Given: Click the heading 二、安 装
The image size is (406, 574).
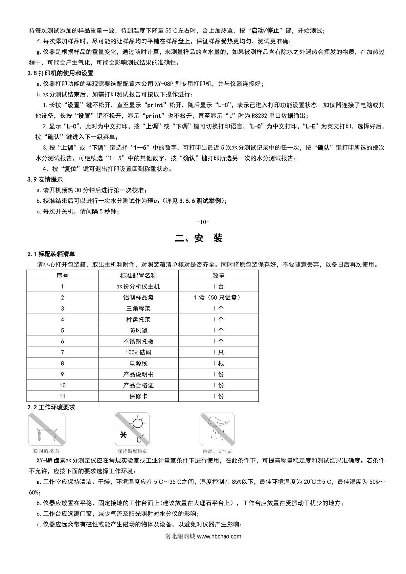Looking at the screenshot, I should tap(199, 238).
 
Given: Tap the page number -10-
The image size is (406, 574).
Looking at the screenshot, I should tap(203, 222).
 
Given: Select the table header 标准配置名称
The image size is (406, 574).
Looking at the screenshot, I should tap(138, 276).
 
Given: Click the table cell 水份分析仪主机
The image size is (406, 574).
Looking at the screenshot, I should tap(138, 286).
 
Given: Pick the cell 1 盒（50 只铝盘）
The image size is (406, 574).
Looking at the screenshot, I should tap(218, 298).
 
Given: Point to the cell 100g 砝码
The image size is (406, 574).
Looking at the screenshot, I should tap(138, 352).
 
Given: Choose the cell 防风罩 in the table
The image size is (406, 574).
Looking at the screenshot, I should tap(138, 330).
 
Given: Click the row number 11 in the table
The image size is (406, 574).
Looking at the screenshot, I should tap(62, 396).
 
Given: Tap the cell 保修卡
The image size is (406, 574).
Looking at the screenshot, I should tap(138, 396).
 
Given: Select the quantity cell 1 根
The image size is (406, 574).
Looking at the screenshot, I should tap(218, 364).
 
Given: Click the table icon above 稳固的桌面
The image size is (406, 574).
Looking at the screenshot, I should tap(47, 429).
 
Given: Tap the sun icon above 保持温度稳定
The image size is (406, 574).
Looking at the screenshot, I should tap(132, 429).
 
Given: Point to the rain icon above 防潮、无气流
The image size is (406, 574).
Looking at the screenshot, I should tap(217, 429).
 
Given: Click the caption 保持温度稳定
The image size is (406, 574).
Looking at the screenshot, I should tap(132, 451).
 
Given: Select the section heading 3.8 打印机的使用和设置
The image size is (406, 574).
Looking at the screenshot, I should tap(61, 73).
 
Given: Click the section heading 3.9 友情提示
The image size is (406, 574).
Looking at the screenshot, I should tap(45, 180).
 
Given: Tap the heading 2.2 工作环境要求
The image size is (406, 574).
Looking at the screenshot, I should tap(51, 407).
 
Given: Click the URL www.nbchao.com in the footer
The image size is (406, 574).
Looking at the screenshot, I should tap(219, 536).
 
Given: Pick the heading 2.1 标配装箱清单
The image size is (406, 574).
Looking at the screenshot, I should tap(51, 254).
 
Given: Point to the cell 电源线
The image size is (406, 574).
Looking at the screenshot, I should tap(138, 364).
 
